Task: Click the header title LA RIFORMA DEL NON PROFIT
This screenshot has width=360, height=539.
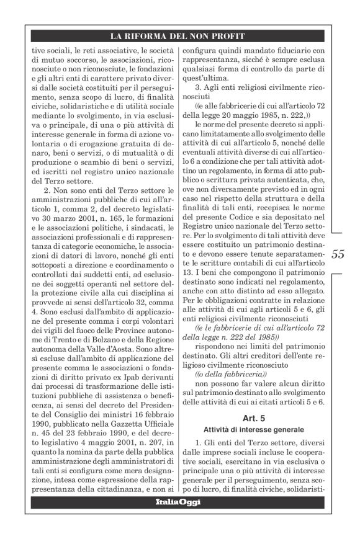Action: [179, 36]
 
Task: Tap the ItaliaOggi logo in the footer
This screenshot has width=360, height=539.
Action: [178, 501]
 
